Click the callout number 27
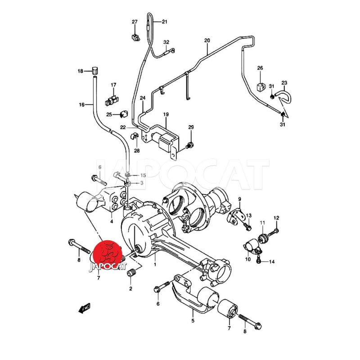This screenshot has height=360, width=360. (x=135, y=22)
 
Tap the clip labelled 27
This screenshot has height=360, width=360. (x=135, y=37)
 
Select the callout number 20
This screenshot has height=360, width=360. (x=207, y=40)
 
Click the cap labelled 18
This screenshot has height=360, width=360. (x=95, y=71)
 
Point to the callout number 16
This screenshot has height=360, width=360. (x=82, y=105)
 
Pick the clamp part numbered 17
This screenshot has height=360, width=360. (x=112, y=100)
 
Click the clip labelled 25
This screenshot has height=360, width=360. (x=124, y=114)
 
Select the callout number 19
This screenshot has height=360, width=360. (x=166, y=114)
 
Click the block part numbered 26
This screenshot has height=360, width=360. (x=261, y=87)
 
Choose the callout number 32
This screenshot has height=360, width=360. (x=166, y=42)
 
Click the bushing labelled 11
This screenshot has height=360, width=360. (x=262, y=238)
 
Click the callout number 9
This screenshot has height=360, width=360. (x=239, y=199)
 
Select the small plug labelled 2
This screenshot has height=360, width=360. (x=132, y=274)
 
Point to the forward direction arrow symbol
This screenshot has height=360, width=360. (x=85, y=308)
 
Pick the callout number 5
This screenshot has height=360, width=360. (x=193, y=320)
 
